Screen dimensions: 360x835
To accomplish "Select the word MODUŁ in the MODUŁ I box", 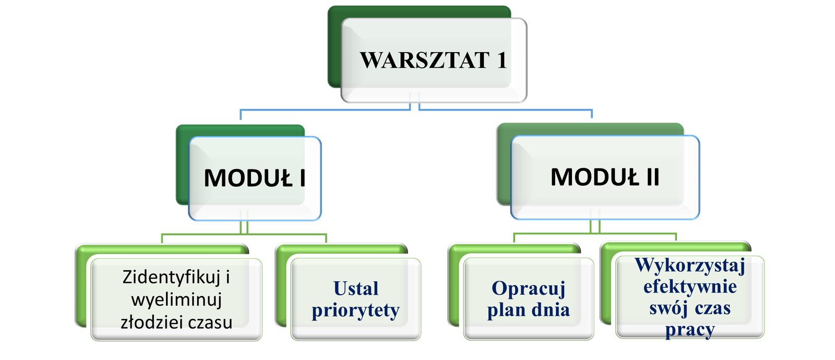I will (x=248, y=178).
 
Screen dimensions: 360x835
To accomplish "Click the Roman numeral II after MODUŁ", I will (x=652, y=177).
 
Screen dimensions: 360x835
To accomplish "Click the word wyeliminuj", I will (x=176, y=300).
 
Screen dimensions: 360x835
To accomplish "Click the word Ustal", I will (x=355, y=289).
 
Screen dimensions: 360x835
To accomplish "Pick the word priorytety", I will (x=355, y=310).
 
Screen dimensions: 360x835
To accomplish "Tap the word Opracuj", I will (x=528, y=289).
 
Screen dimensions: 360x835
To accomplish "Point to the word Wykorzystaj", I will (x=689, y=266).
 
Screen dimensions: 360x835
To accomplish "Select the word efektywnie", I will (x=689, y=287).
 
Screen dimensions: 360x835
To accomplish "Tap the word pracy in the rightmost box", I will (x=689, y=330).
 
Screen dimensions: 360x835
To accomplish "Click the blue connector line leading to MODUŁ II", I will (x=506, y=110).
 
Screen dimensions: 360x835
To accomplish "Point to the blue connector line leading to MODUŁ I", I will (x=324, y=110).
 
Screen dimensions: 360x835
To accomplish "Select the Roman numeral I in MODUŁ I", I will (x=302, y=178).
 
